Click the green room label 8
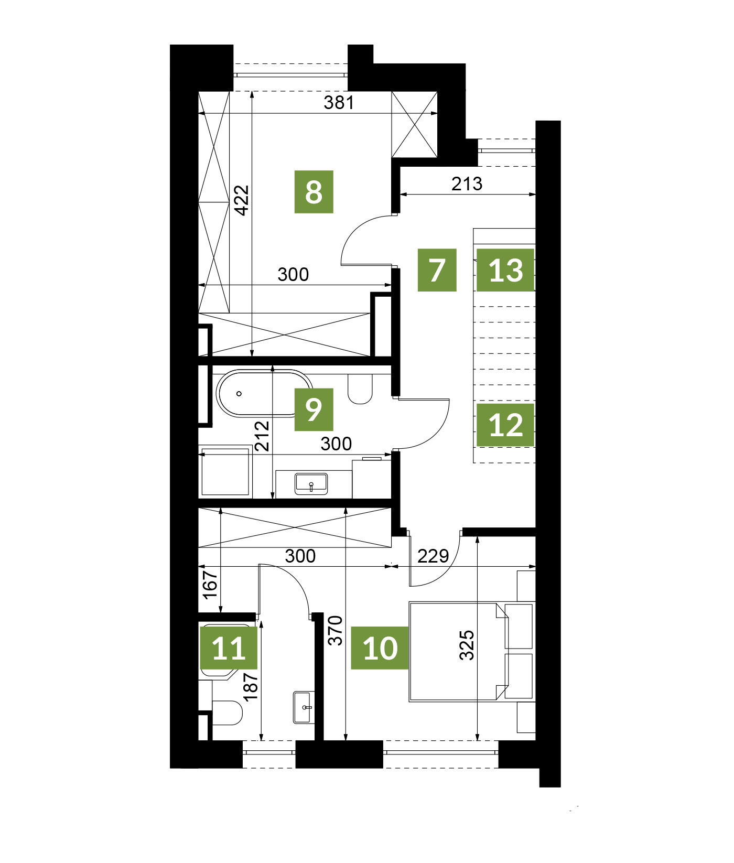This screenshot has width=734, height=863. [x=314, y=192]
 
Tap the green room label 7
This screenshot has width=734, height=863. [x=437, y=270]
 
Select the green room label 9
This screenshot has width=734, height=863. [x=314, y=409]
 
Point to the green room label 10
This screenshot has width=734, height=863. [x=380, y=648]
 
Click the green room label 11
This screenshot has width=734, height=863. [x=229, y=648]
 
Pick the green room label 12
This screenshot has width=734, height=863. [x=505, y=425]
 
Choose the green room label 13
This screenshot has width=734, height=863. [x=505, y=270]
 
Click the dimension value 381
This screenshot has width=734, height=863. [x=339, y=102]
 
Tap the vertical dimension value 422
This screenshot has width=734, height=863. [x=242, y=200]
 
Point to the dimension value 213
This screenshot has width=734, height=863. [x=467, y=184]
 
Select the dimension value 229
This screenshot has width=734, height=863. [x=433, y=556]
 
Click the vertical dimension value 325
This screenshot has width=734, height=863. [x=467, y=645]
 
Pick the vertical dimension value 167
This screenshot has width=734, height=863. [x=210, y=585]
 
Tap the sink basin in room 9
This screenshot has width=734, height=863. [x=311, y=483]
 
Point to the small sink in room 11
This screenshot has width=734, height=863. [x=304, y=707]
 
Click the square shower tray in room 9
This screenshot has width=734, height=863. [x=225, y=471]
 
